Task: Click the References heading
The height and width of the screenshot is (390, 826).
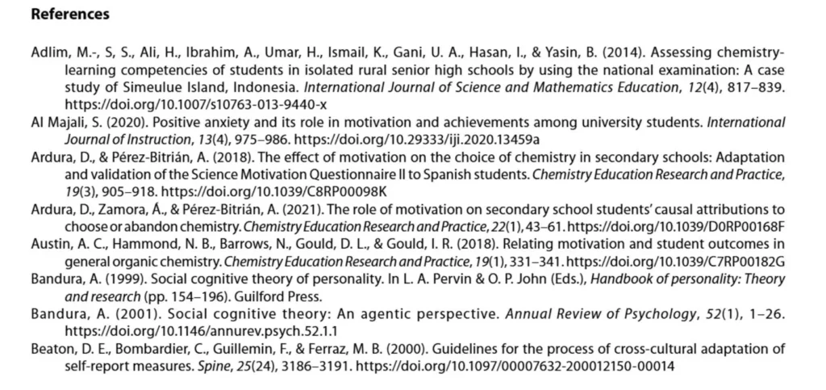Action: [69, 15]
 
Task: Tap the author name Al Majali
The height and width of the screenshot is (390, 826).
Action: [57, 122]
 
